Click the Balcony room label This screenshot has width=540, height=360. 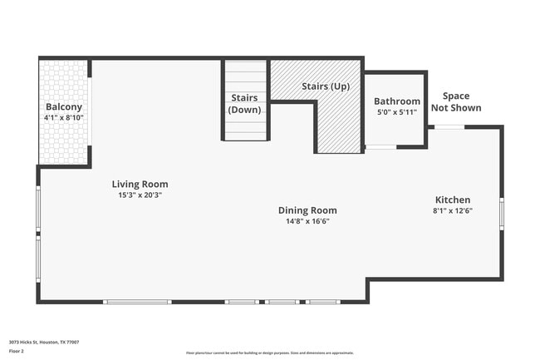tap(63, 106)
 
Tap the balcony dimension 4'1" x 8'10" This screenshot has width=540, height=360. tap(63, 118)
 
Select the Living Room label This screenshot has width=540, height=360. tap(140, 184)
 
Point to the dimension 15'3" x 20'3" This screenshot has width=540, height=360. tap(140, 195)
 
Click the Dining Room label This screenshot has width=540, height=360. tap(307, 210)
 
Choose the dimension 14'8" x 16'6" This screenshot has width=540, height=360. tap(307, 221)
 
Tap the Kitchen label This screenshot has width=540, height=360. tap(453, 200)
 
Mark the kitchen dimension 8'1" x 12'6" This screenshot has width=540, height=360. tap(453, 211)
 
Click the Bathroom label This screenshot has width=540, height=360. tap(397, 101)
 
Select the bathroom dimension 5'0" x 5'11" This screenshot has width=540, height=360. tap(397, 111)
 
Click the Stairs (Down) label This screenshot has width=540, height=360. tap(245, 103)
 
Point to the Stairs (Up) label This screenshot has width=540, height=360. tap(325, 86)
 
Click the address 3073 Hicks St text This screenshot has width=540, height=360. tap(44, 342)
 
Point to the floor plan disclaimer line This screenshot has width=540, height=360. tap(269, 353)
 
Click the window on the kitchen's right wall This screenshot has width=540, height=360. tap(502, 211)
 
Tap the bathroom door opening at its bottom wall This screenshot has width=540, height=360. tap(380, 147)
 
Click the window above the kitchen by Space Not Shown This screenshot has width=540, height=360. tap(449, 126)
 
